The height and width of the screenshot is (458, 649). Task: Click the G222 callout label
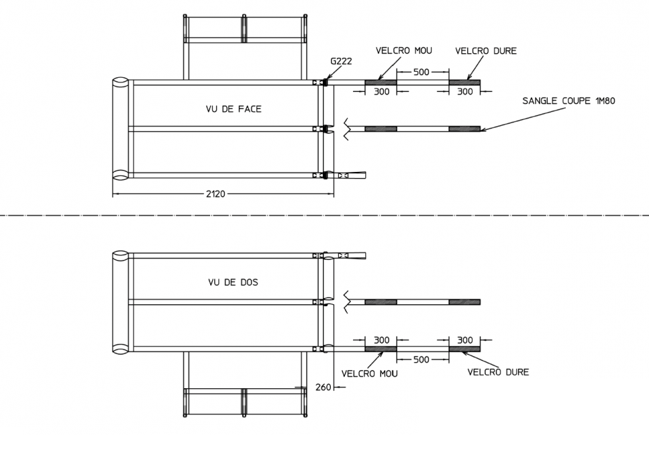pyautogui.click(x=340, y=60)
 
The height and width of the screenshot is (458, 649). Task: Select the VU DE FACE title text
pyautogui.click(x=234, y=109)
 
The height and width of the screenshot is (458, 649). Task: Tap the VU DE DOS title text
pyautogui.click(x=232, y=283)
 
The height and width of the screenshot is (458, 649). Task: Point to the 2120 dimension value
pyautogui.click(x=215, y=194)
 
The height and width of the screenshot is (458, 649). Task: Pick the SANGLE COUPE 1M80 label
pyautogui.click(x=568, y=101)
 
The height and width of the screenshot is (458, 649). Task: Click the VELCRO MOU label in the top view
pyautogui.click(x=403, y=50)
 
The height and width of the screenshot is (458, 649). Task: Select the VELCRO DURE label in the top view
pyautogui.click(x=486, y=50)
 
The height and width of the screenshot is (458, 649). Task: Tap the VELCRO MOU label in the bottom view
pyautogui.click(x=369, y=373)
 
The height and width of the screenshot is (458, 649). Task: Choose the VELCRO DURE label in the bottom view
pyautogui.click(x=497, y=372)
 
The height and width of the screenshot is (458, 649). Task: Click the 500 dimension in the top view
pyautogui.click(x=421, y=72)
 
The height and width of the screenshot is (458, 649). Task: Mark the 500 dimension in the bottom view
pyautogui.click(x=421, y=360)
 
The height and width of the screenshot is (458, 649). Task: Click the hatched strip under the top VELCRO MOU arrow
pyautogui.click(x=381, y=83)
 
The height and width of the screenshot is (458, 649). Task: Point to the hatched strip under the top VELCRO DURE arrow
pyautogui.click(x=464, y=83)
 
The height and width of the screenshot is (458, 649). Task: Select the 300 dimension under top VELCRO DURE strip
pyautogui.click(x=464, y=92)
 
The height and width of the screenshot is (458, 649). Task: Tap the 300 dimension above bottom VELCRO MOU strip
pyautogui.click(x=381, y=340)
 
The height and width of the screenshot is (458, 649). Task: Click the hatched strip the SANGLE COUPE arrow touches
pyautogui.click(x=464, y=128)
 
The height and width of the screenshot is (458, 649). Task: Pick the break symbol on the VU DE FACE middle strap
pyautogui.click(x=348, y=128)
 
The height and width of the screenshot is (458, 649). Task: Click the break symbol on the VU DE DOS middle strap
pyautogui.click(x=348, y=301)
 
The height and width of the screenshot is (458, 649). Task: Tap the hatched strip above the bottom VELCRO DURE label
pyautogui.click(x=464, y=349)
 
